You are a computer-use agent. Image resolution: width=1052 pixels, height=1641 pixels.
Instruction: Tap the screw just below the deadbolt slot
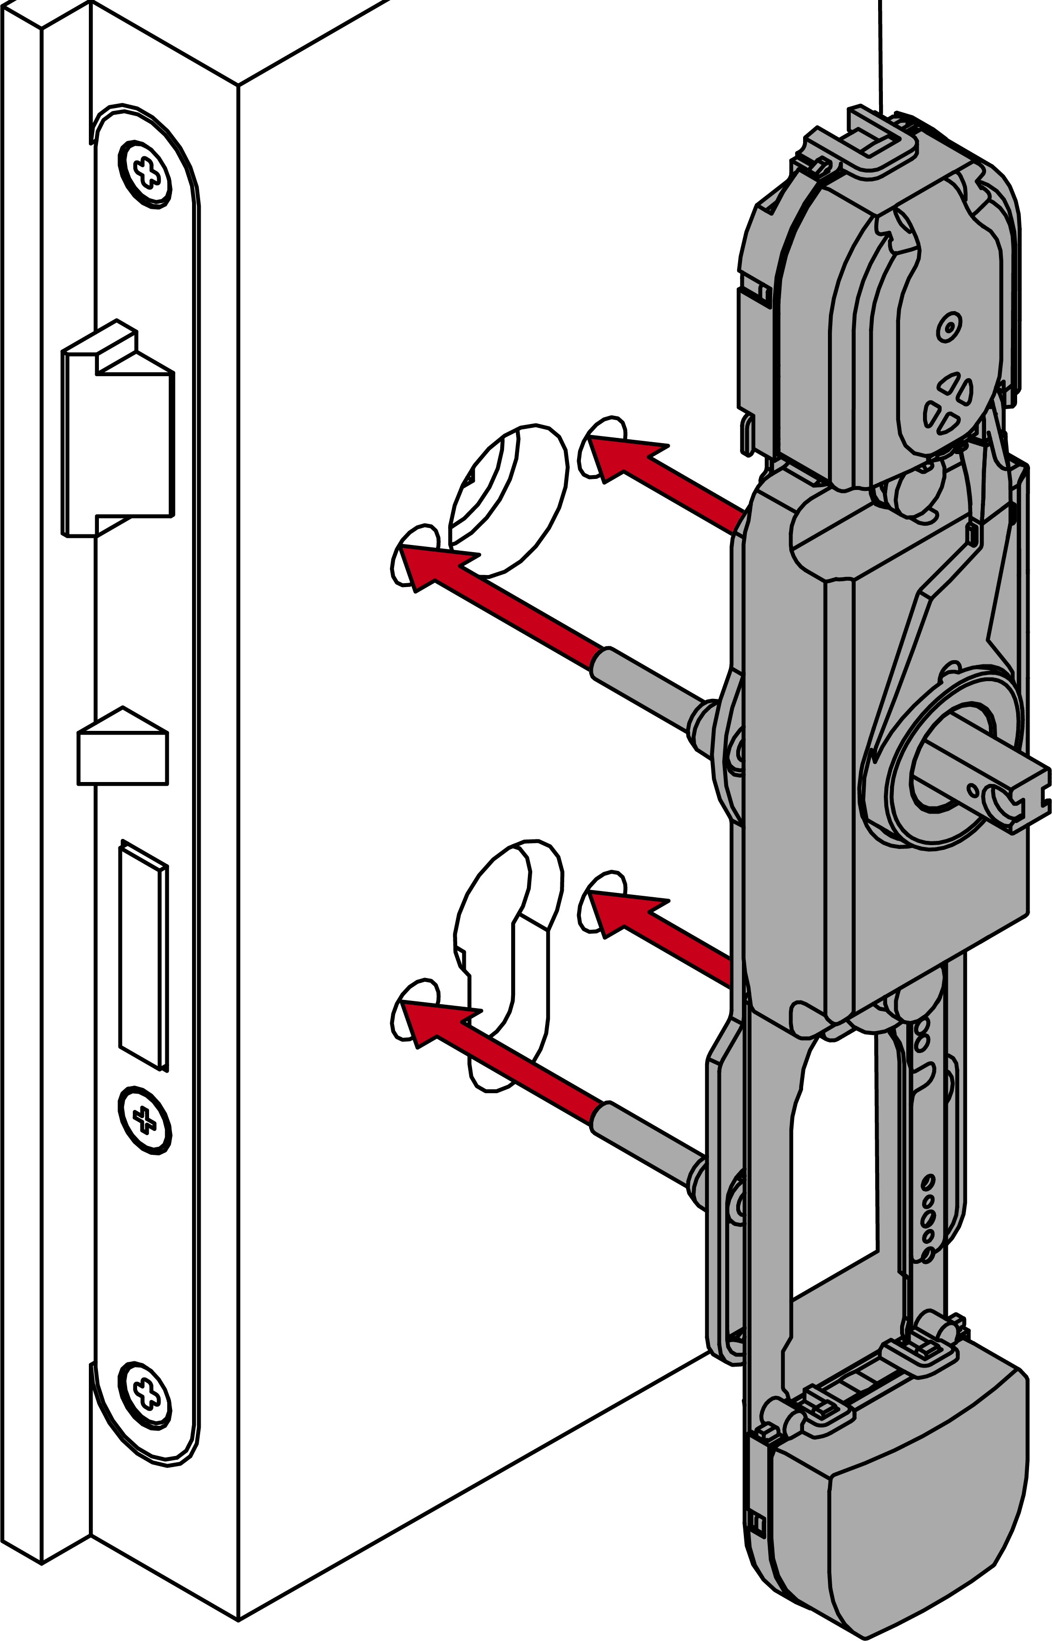click(145, 1119)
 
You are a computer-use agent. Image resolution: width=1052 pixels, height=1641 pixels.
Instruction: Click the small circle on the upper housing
click(948, 327)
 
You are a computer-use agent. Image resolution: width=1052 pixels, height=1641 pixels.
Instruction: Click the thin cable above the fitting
click(880, 54)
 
